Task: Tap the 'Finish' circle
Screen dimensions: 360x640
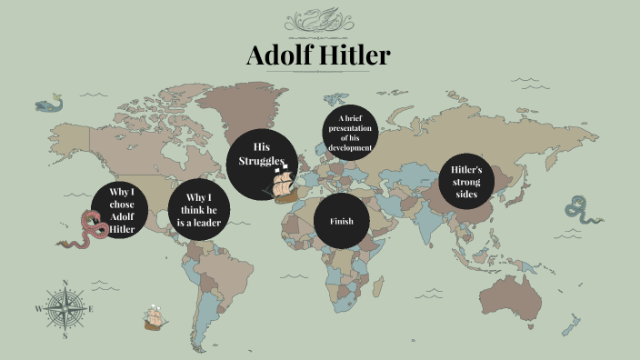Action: point(342,221)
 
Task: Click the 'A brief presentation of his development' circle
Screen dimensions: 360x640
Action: point(350,133)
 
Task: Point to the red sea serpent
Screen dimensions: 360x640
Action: point(87,232)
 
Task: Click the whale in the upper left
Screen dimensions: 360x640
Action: point(49,105)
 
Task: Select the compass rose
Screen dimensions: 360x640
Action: point(65,308)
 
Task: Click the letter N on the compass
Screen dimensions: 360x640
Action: point(65,283)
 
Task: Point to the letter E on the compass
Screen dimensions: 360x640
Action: point(91,309)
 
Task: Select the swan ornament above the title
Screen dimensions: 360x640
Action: point(319,20)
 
